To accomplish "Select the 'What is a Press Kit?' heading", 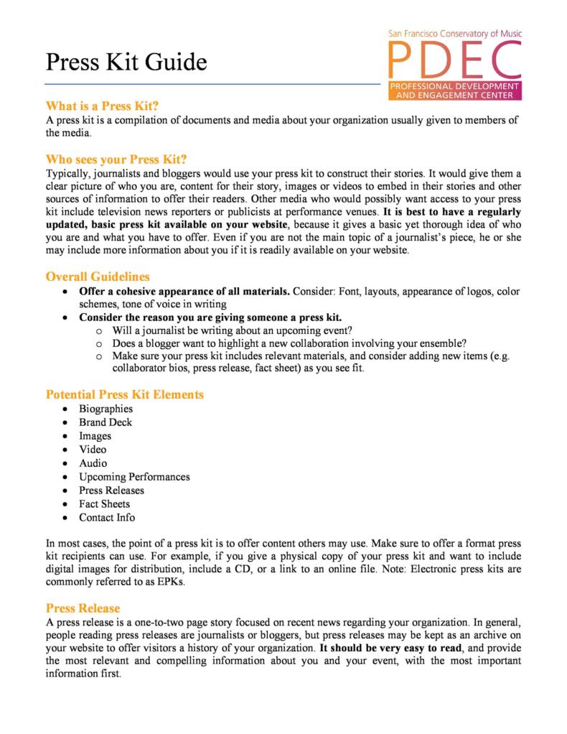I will click(x=102, y=105).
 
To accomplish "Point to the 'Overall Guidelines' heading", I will click(x=99, y=276).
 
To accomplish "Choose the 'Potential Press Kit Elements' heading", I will click(x=124, y=394).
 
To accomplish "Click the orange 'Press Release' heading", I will click(x=83, y=608).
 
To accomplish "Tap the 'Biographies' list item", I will click(x=106, y=409).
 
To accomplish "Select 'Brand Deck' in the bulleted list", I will click(x=106, y=422).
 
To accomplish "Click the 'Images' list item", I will click(x=95, y=436).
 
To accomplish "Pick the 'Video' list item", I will click(x=93, y=450).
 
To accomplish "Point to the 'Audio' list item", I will click(x=93, y=463).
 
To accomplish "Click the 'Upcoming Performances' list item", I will click(x=134, y=477).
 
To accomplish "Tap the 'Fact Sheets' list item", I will click(x=105, y=504).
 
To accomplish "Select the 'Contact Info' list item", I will click(x=107, y=518).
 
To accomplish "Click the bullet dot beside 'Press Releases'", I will click(x=65, y=491).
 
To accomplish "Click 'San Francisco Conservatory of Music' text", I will click(x=454, y=33).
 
